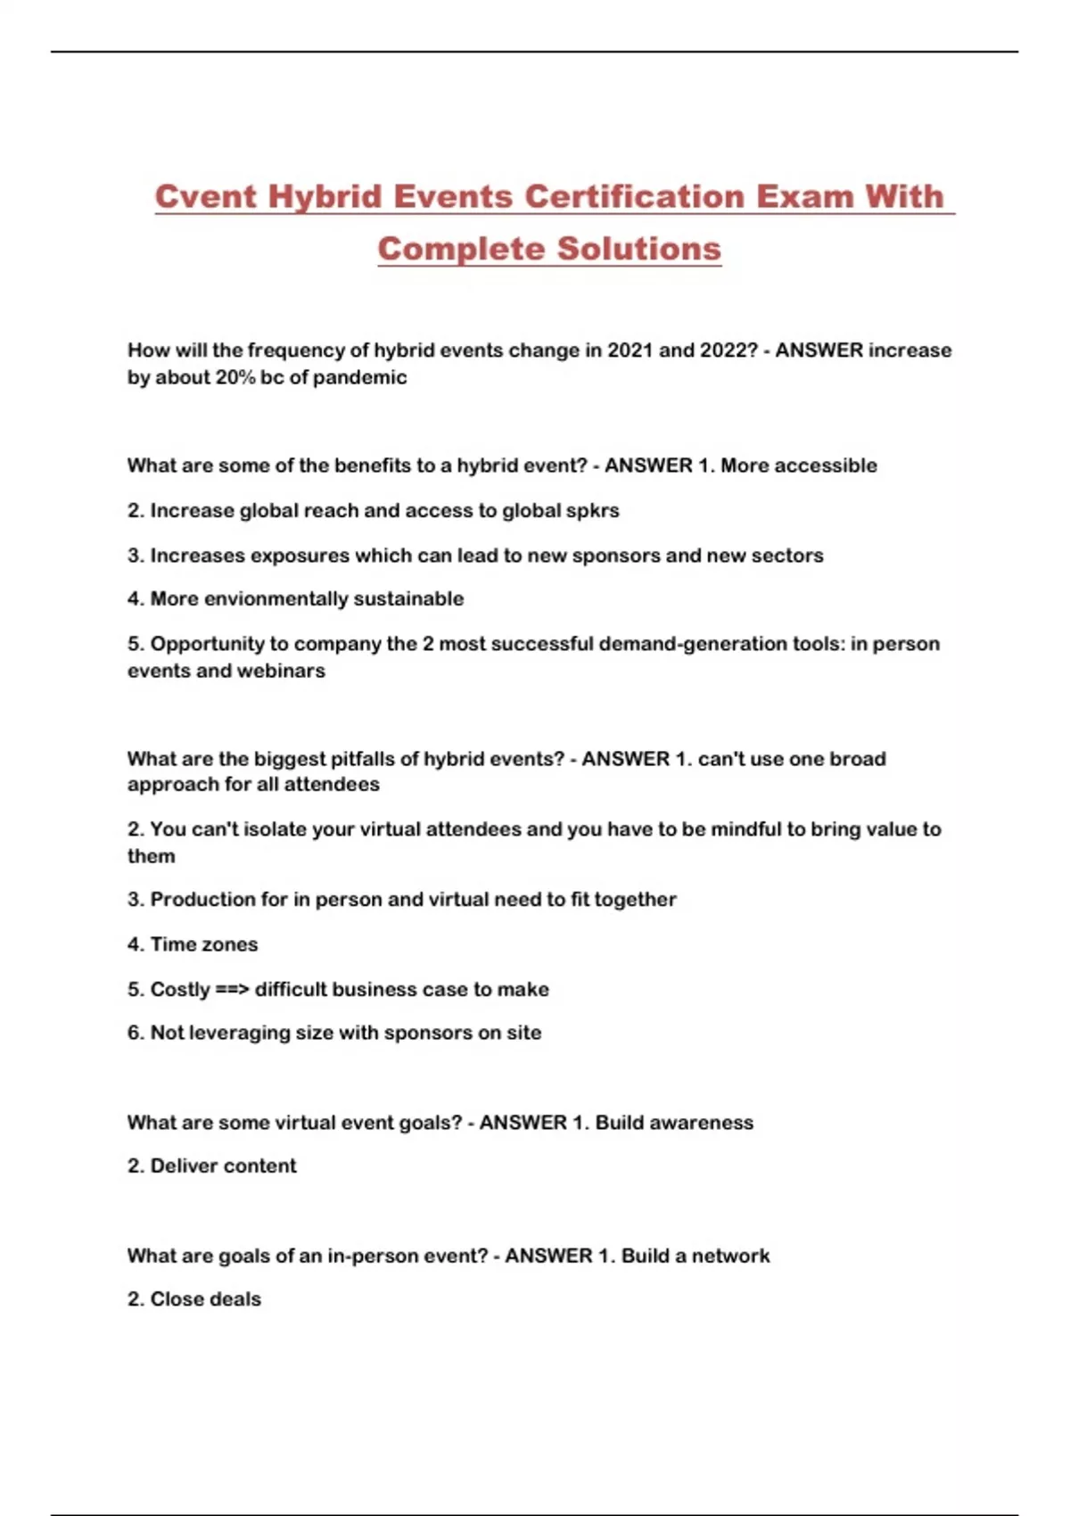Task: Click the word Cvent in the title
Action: pyautogui.click(x=206, y=196)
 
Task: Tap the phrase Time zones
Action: pyautogui.click(x=203, y=944)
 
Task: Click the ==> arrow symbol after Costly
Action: pyautogui.click(x=232, y=989)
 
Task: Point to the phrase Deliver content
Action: pyautogui.click(x=223, y=1166)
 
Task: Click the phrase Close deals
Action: pyautogui.click(x=205, y=1299)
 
